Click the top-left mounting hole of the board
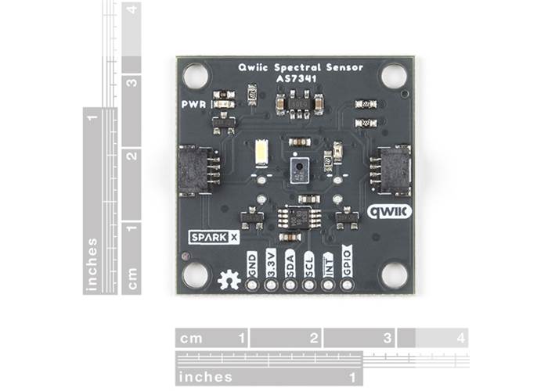tap(196, 76)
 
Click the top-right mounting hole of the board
tap(394, 76)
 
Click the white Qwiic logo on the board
tap(389, 211)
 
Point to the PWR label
tap(193, 104)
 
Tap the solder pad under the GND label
tap(252, 285)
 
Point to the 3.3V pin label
tap(271, 262)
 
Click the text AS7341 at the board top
tap(294, 79)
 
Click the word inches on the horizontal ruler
tap(205, 377)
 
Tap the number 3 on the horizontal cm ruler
tap(387, 338)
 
